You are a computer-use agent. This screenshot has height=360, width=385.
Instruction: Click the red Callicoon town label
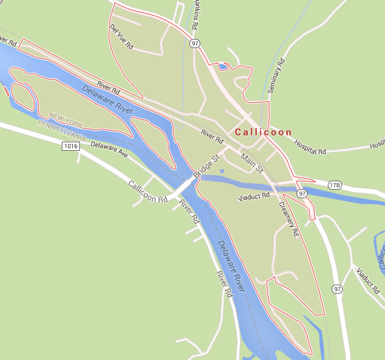pos(264,132)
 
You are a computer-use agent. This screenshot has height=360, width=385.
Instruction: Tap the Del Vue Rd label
pos(122,38)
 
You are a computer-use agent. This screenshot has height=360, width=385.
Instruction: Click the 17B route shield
pos(335,185)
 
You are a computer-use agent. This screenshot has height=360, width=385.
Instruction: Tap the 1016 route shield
pos(72,147)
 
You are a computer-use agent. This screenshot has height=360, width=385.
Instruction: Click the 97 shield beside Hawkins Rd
pos(195,43)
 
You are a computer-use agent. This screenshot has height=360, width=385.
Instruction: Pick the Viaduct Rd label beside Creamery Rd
pos(253,194)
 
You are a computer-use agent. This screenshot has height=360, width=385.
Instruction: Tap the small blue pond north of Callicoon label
pos(223,66)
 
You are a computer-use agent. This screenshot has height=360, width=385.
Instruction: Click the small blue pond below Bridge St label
pos(222,172)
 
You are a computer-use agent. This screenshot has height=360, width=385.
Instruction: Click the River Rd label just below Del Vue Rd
pos(109,85)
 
